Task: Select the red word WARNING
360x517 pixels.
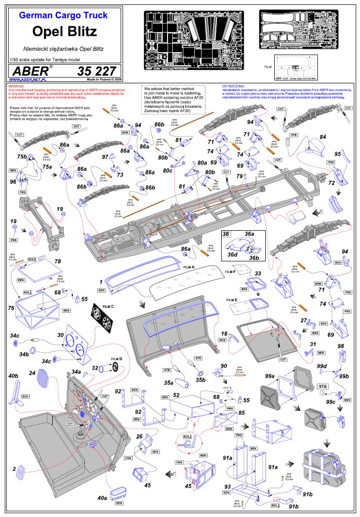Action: (16, 86)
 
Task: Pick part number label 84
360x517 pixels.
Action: (323, 137)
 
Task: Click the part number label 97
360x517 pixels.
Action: (105, 157)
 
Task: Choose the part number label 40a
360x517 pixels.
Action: (102, 498)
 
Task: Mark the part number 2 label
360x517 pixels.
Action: (14, 469)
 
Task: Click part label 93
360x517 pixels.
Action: (227, 487)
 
